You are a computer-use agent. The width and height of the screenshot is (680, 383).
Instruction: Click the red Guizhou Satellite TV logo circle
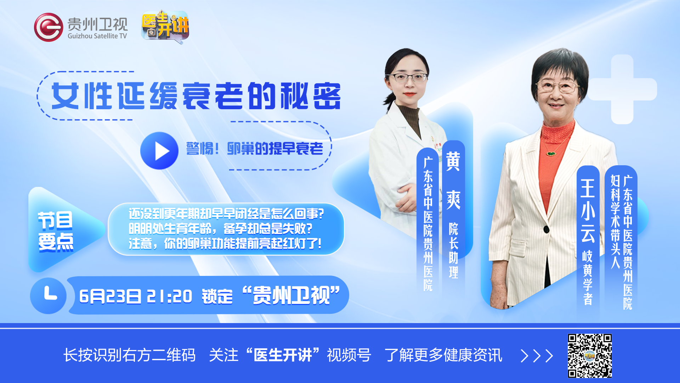coord(49,27)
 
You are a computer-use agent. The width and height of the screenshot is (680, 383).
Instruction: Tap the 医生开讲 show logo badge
coord(165,26)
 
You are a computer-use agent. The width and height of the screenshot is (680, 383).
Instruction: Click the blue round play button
coord(159,151)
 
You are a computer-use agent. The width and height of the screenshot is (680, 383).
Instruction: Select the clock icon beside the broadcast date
coord(49,296)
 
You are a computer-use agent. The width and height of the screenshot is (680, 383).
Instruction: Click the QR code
coord(590,356)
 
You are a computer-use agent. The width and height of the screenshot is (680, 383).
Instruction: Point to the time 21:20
coord(169,296)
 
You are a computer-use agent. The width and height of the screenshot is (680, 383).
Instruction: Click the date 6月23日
coord(110,296)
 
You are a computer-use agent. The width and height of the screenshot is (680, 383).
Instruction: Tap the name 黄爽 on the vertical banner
coord(453,180)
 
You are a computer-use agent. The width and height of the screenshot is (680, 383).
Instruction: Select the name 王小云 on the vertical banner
coord(588,211)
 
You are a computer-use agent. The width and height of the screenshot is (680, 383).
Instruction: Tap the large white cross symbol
coord(622,89)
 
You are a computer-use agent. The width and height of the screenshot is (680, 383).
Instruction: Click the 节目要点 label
coord(56,231)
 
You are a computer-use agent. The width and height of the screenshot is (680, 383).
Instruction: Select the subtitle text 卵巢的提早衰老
coord(275,149)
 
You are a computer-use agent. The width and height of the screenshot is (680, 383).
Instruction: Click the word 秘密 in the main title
coord(311,96)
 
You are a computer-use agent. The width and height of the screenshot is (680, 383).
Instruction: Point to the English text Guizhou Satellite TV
coord(97,36)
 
